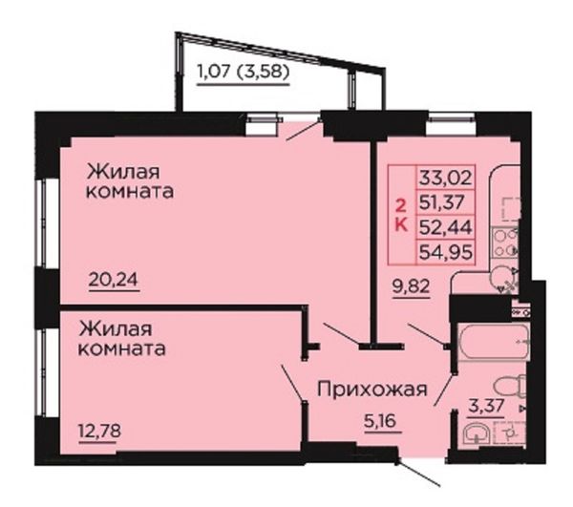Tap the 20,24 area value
pos(114,280)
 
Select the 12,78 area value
pos(99,431)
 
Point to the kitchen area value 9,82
pos(411,286)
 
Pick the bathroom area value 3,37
pos(486,406)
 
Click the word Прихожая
pos(372,390)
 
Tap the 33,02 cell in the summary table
pos(446,178)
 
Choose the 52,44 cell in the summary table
pos(446,227)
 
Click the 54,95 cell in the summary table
pos(446,252)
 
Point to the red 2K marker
pos(402,216)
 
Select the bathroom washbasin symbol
pos(477,434)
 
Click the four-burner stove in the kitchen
pos(505,242)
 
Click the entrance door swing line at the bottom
pos(418,475)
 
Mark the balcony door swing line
pos(304,129)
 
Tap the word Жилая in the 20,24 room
pos(123,172)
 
